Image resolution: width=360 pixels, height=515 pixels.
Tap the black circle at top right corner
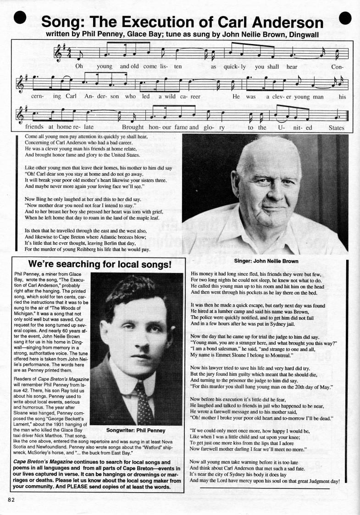click(345, 18)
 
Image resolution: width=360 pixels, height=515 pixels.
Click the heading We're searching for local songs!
click(100, 264)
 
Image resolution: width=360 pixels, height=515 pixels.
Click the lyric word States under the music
click(336, 128)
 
